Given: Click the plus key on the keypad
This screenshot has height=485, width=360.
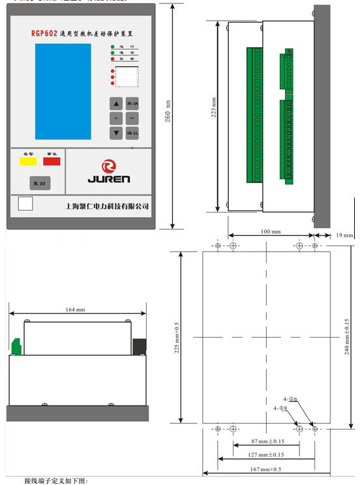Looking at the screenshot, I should click(115, 118).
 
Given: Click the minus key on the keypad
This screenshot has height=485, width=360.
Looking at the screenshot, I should click(132, 118).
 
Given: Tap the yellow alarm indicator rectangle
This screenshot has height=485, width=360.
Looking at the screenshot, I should click(27, 160).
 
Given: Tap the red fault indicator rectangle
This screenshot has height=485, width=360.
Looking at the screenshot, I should click(52, 160).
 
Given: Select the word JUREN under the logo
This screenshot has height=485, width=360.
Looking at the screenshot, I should click(109, 178).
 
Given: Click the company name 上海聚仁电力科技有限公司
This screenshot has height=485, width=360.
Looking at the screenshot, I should click(108, 205).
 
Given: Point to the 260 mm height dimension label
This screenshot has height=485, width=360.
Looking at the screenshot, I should click(168, 111).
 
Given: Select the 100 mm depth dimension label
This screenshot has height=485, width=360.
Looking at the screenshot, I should click(270, 231).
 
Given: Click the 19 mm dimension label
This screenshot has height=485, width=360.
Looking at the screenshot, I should click(345, 235).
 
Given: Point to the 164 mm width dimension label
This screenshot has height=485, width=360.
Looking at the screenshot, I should click(76, 310).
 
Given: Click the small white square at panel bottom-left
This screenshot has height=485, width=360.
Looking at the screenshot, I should click(26, 203).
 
